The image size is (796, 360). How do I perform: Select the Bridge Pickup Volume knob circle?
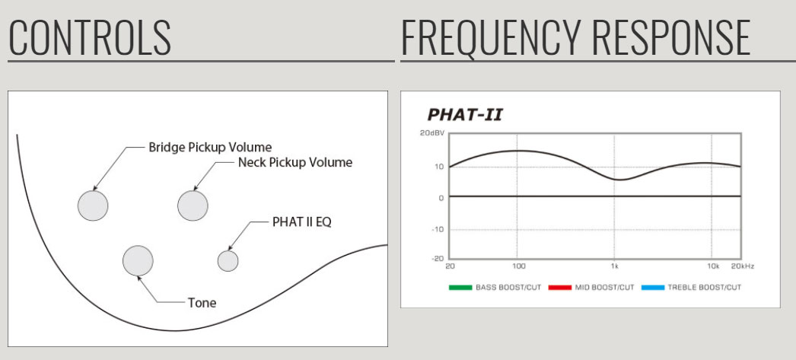click(x=93, y=205)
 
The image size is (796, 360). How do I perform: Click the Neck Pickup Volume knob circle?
click(x=193, y=205)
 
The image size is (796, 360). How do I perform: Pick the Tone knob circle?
click(x=138, y=260)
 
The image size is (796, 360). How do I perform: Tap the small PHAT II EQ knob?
click(x=228, y=261)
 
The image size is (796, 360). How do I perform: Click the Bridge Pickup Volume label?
click(x=210, y=148)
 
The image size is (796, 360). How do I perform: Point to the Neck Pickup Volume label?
click(x=295, y=163)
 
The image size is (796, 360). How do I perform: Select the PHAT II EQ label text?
click(x=301, y=222)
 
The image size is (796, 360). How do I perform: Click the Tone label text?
click(x=202, y=303)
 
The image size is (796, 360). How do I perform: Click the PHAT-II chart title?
click(x=464, y=115)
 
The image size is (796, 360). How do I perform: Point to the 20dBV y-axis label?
click(x=432, y=133)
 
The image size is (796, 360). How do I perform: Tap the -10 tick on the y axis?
click(x=438, y=229)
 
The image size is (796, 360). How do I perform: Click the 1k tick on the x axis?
click(x=614, y=266)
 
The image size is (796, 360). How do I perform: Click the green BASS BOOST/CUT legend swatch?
click(x=460, y=288)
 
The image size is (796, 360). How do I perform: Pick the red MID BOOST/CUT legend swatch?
click(x=560, y=288)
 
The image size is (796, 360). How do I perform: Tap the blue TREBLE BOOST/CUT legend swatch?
click(x=653, y=288)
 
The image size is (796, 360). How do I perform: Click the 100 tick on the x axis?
click(x=517, y=266)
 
